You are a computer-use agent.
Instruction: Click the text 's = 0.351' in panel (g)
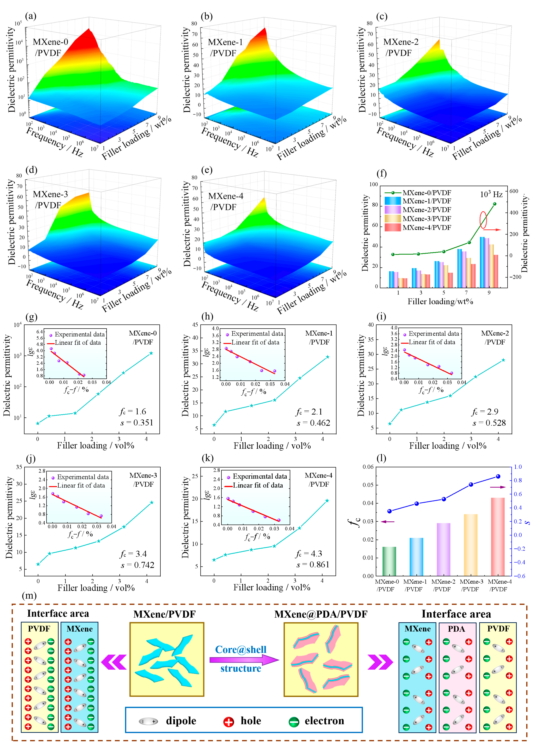[137, 423]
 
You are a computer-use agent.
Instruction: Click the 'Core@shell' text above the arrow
[241, 650]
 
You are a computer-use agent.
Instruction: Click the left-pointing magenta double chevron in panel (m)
[114, 662]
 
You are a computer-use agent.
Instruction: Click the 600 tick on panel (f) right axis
[513, 191]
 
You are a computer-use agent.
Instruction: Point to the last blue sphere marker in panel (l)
[498, 476]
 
